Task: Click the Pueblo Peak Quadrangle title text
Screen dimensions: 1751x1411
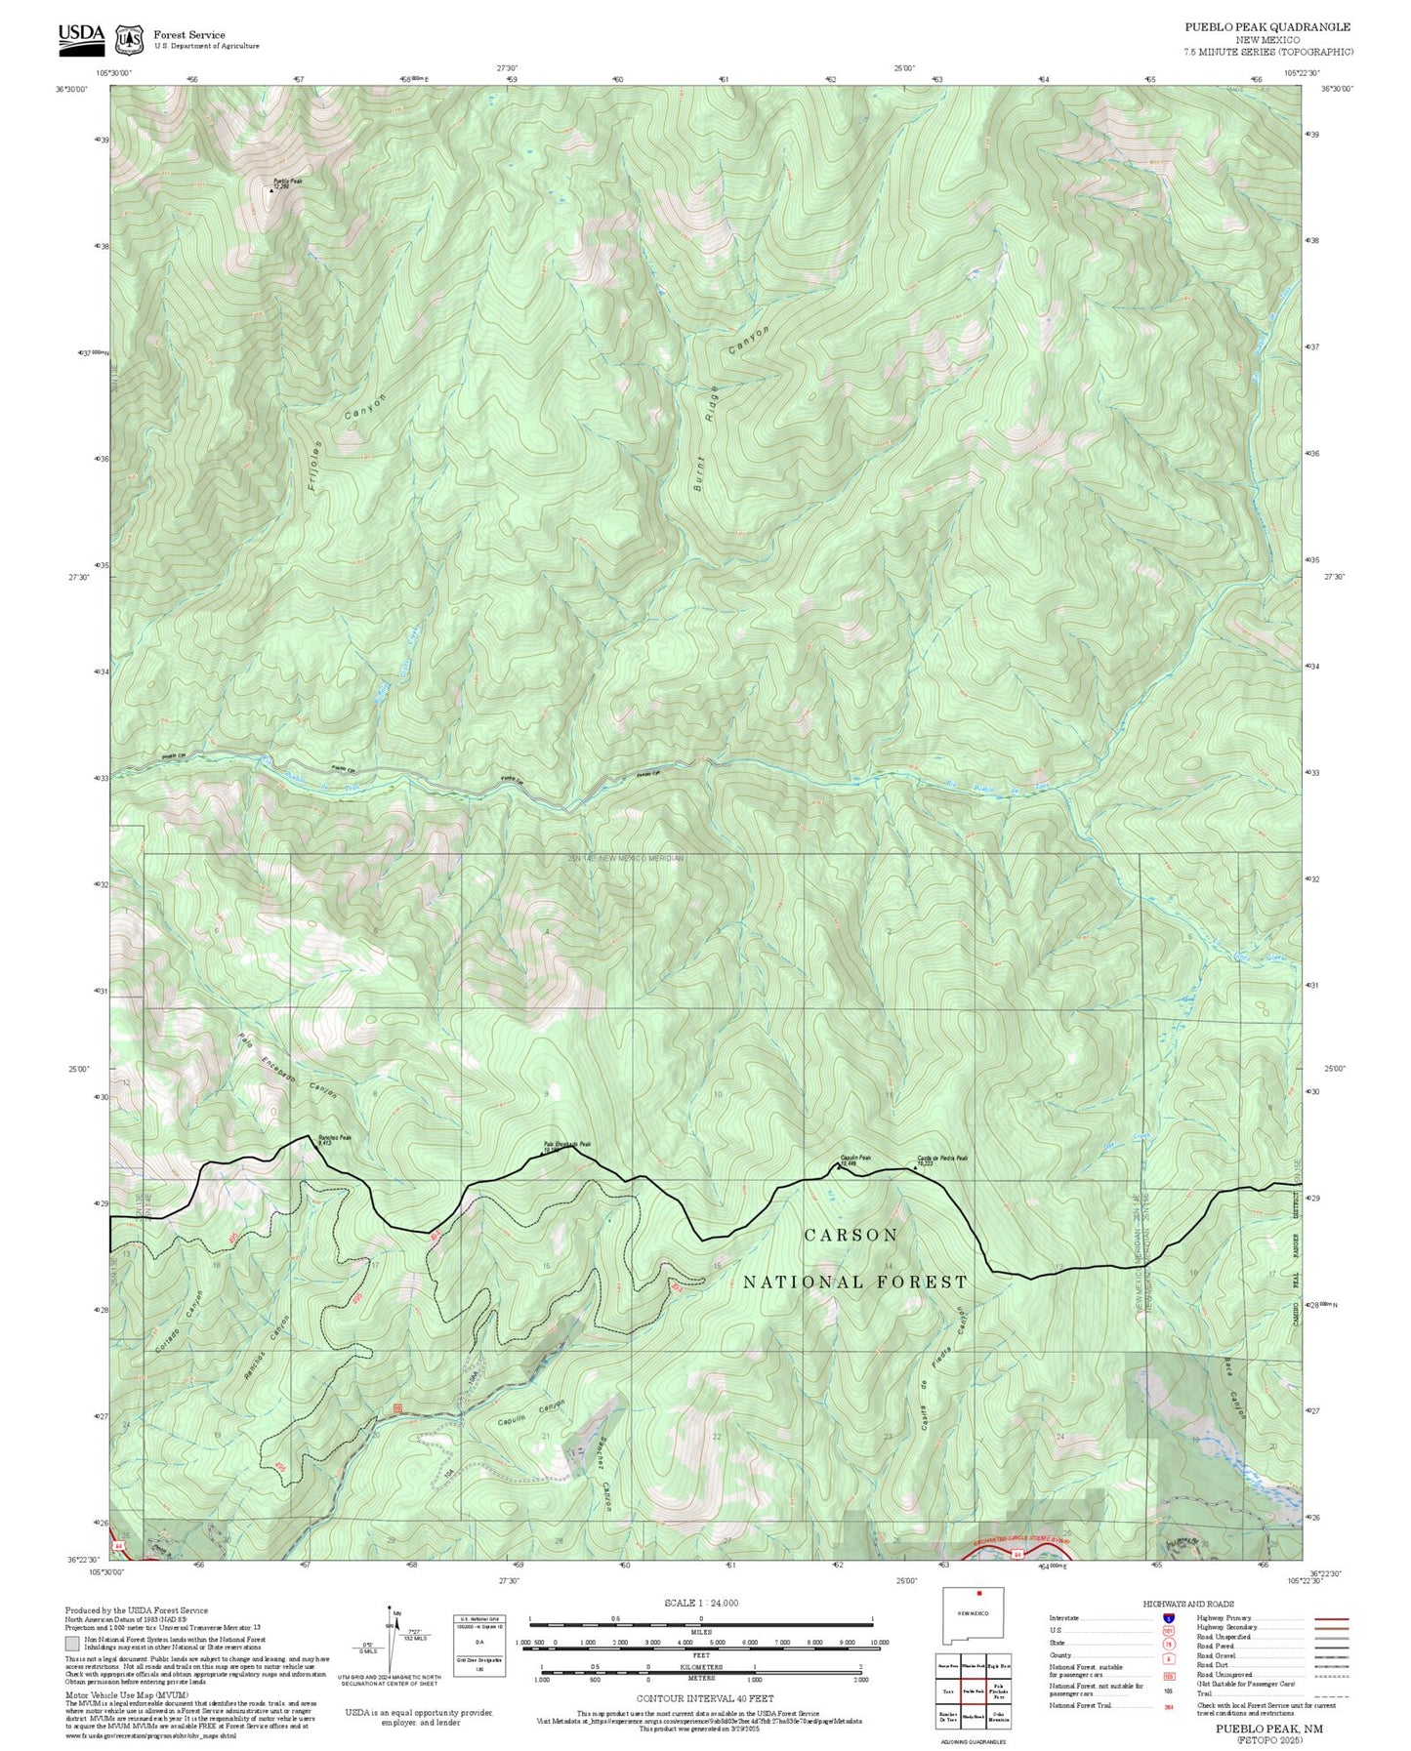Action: pos(1267,27)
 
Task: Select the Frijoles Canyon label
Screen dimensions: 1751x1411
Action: pos(345,447)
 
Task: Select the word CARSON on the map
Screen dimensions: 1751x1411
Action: pos(851,1236)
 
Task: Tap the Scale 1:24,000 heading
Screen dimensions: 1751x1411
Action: pos(701,1603)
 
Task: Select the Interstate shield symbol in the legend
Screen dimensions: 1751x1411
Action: pos(1169,1618)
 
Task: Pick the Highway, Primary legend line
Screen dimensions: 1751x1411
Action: pos(1331,1619)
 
